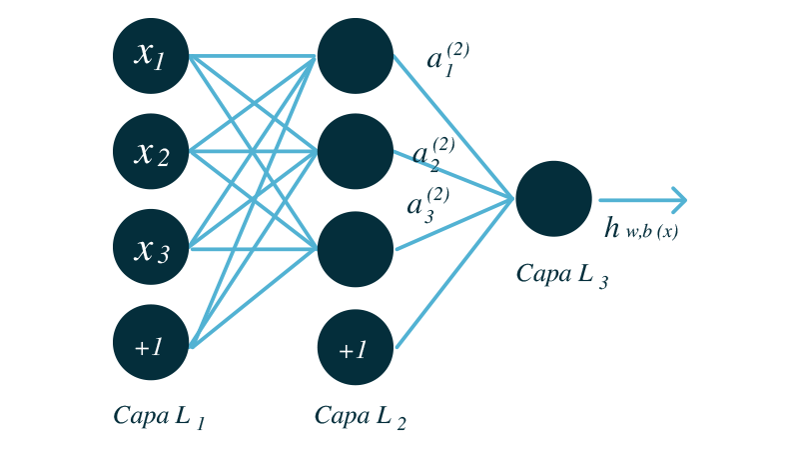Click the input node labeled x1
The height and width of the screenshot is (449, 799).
pyautogui.click(x=151, y=56)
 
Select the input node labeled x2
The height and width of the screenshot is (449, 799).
pyautogui.click(x=151, y=152)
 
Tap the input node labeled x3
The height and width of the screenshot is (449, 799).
pyautogui.click(x=151, y=248)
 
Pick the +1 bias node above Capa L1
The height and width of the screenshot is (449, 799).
pyautogui.click(x=151, y=344)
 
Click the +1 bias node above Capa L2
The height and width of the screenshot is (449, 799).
pyautogui.click(x=356, y=348)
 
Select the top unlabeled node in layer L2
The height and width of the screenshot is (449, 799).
pyautogui.click(x=356, y=56)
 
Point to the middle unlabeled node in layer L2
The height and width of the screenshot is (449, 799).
pyautogui.click(x=356, y=152)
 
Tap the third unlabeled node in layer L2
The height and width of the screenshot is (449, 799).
pyautogui.click(x=356, y=248)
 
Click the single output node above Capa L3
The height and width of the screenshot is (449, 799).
pyautogui.click(x=553, y=199)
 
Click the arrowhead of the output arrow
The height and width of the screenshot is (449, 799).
pyautogui.click(x=679, y=200)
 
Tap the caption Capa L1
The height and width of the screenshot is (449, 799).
pyautogui.click(x=160, y=416)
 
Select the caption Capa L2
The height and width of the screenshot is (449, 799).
pyautogui.click(x=360, y=416)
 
